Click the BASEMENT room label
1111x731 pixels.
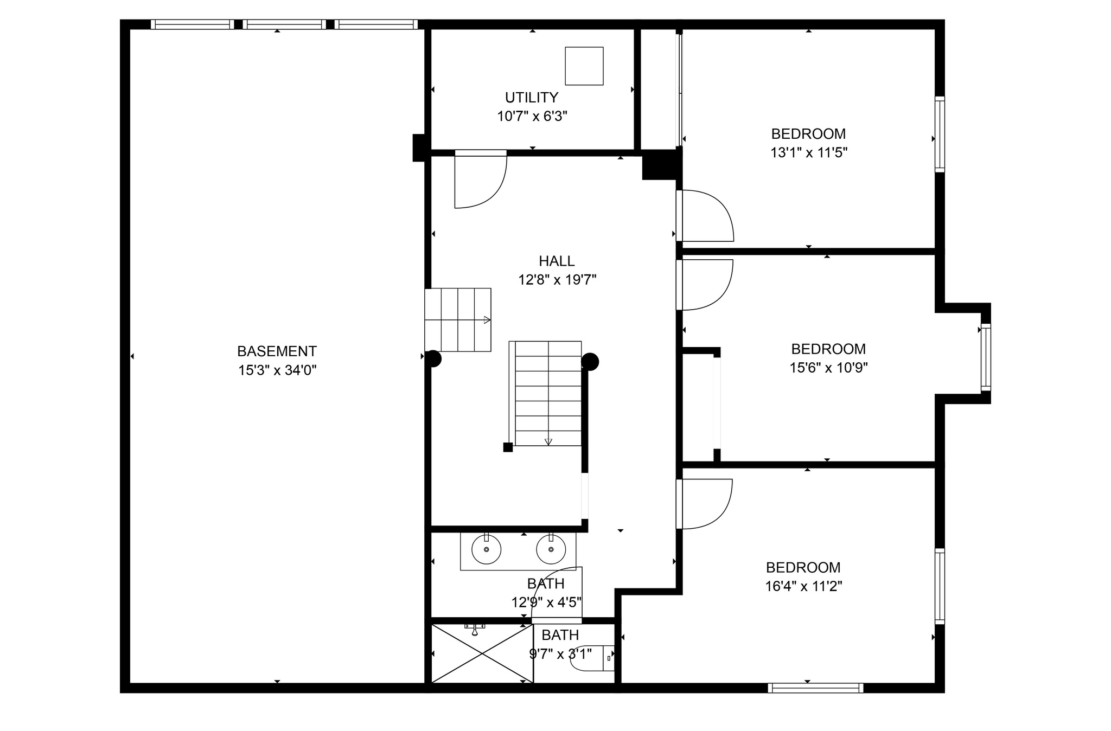click(277, 351)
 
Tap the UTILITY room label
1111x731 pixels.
click(532, 98)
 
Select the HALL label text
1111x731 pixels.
click(557, 261)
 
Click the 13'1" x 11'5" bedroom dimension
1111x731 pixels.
click(809, 153)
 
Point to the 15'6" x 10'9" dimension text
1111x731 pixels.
click(828, 368)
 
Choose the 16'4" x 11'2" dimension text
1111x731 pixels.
click(803, 587)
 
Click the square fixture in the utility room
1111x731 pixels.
click(584, 66)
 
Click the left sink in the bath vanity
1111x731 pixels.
click(486, 549)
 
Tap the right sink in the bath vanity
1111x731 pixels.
click(551, 549)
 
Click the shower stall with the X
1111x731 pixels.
click(482, 653)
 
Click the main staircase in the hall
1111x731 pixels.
click(545, 394)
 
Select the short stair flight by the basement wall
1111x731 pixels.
click(458, 320)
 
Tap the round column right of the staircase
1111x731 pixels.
click(590, 362)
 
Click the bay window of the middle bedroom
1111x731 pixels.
click(986, 357)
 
